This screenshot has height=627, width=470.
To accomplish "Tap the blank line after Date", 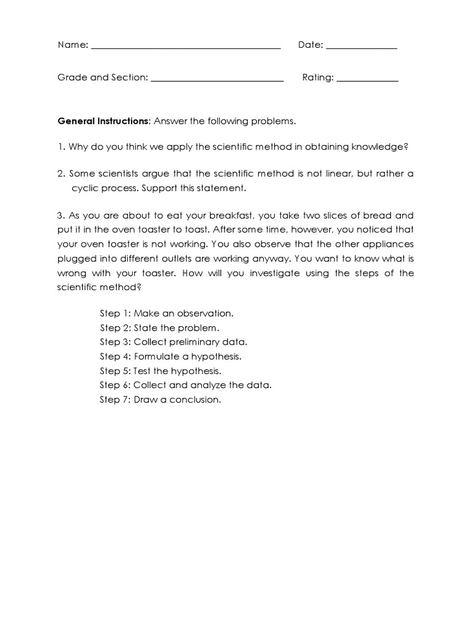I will [x=361, y=47].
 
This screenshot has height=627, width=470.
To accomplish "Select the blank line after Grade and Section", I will [x=217, y=79].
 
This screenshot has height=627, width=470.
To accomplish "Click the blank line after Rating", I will [x=367, y=79].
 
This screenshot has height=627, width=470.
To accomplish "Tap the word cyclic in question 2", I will [x=85, y=188].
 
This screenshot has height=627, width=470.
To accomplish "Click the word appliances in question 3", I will [x=387, y=244].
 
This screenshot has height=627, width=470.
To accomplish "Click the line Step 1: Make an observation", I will [x=166, y=313].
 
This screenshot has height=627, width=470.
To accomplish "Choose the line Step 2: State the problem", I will [x=159, y=328].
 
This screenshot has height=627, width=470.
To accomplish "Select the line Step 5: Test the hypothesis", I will [x=160, y=370].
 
